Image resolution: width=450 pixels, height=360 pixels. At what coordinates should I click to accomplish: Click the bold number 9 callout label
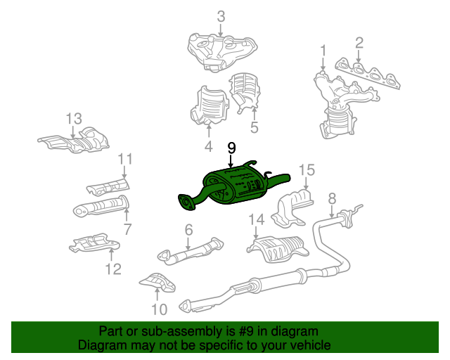pos(231,148)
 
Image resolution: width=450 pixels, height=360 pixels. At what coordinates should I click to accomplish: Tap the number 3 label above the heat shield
pos(221,17)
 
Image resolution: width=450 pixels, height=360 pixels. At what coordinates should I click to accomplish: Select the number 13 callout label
pos(74,119)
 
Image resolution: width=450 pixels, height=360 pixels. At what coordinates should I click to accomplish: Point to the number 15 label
pos(307,170)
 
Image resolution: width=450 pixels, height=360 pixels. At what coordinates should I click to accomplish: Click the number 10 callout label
pos(160,309)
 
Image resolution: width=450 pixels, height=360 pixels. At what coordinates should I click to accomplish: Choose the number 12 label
pos(113,269)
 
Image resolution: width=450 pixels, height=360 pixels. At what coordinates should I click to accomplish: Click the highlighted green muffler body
pos(234,186)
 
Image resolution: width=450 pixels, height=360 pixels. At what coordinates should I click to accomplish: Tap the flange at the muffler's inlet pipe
pos(186,202)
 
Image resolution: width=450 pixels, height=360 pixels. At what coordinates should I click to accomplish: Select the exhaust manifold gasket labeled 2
pos(367,74)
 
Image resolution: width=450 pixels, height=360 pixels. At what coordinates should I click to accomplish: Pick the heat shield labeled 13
pos(74,140)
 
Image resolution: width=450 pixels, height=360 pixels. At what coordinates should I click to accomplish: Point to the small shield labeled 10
pos(157,283)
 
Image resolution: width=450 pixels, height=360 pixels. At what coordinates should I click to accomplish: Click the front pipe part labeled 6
pos(190,250)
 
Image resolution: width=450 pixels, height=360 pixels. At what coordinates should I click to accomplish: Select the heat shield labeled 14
pos(277,249)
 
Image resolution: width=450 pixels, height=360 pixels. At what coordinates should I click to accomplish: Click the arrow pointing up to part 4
pos(209,131)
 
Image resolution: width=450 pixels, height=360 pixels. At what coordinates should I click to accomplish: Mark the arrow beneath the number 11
pos(124,172)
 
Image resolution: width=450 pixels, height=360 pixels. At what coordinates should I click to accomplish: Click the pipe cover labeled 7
pos(101,206)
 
